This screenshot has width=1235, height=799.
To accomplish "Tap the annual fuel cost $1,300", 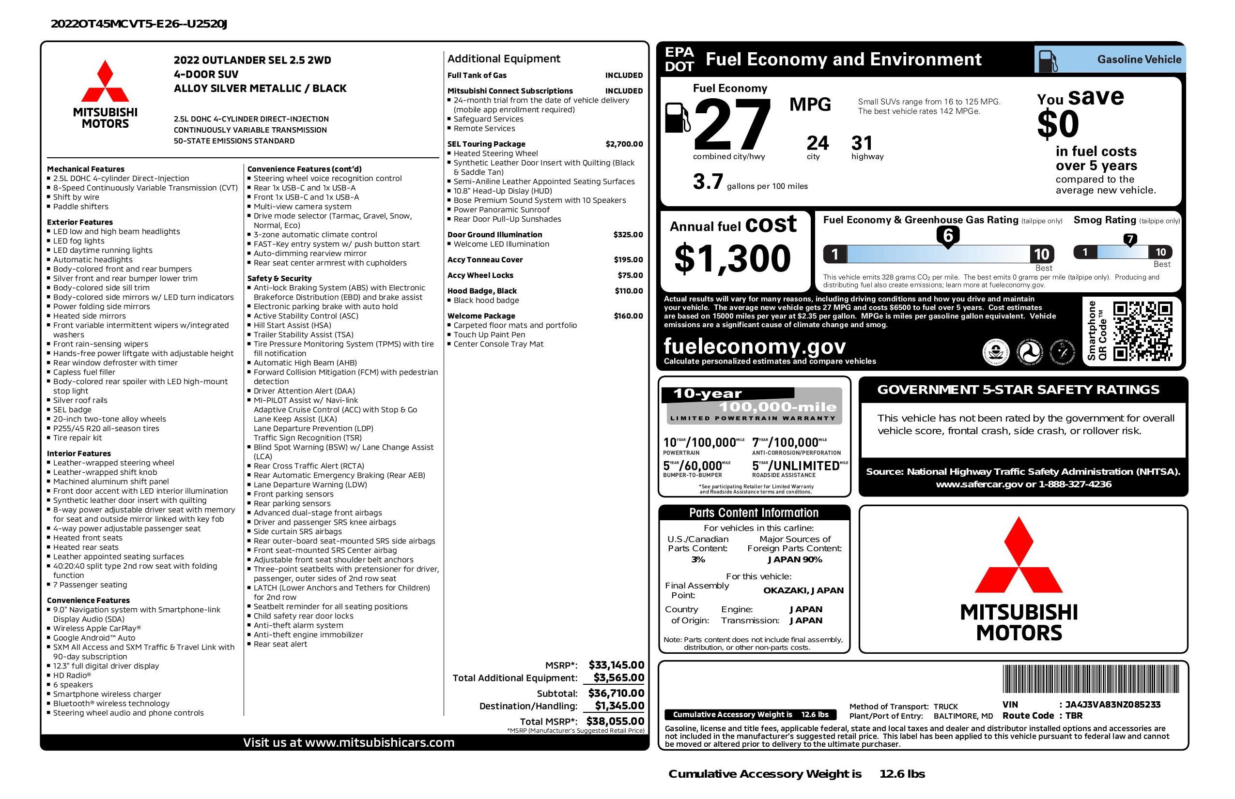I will click(x=732, y=259).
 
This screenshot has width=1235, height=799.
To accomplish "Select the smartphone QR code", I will click(x=1142, y=331).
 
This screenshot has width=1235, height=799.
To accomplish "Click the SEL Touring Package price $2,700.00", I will click(x=624, y=144).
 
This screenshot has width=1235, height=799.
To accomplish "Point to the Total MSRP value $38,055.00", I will click(x=615, y=721).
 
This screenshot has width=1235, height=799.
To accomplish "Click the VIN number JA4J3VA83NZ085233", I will click(x=1112, y=705).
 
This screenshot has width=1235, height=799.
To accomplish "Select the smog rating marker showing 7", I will click(x=1129, y=240).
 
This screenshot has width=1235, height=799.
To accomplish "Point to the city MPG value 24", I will click(x=818, y=143).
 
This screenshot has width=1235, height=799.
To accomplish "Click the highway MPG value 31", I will click(x=862, y=143).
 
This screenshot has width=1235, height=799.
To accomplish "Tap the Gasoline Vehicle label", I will click(x=1139, y=60).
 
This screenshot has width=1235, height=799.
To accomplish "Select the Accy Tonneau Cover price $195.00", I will click(x=628, y=260).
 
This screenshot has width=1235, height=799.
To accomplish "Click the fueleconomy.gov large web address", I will click(x=755, y=346).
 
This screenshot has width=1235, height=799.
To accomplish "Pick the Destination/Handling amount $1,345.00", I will click(x=619, y=706).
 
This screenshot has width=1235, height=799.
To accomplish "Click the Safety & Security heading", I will click(x=279, y=278).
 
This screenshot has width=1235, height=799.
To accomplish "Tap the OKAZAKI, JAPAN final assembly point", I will click(x=803, y=590).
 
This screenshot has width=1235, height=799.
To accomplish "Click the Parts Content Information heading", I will click(x=754, y=513).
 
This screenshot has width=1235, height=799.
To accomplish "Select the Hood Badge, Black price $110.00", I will click(x=629, y=291).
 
